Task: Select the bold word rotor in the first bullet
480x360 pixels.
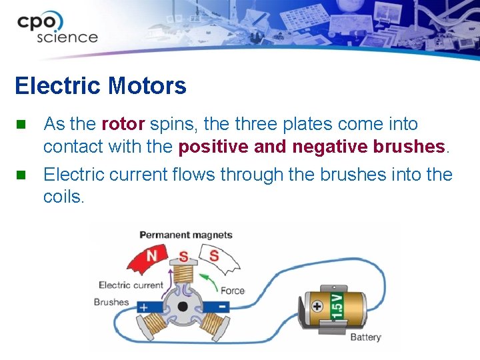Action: click(x=123, y=124)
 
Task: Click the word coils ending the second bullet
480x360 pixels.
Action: click(x=63, y=197)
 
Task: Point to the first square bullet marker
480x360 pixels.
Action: click(x=21, y=124)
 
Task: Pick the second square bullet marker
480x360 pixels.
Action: click(x=21, y=175)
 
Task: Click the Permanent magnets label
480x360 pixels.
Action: click(x=185, y=235)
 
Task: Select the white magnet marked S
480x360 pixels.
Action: click(x=218, y=259)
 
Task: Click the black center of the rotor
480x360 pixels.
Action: click(x=182, y=307)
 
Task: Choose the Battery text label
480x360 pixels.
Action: click(x=365, y=337)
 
